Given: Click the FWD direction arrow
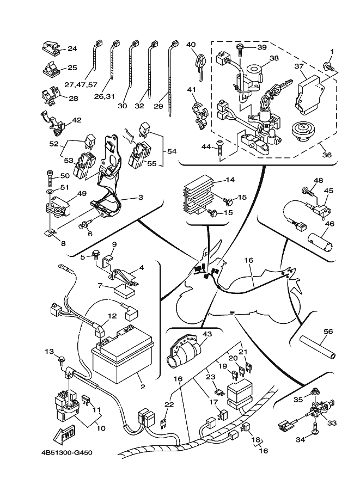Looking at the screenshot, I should [x=64, y=435].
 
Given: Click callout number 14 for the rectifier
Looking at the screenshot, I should [x=230, y=179].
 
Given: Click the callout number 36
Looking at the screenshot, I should [x=327, y=154].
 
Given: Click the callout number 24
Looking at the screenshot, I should [x=72, y=48].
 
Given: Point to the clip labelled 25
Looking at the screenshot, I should [x=51, y=69].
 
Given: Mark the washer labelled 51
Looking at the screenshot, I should [x=48, y=192].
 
